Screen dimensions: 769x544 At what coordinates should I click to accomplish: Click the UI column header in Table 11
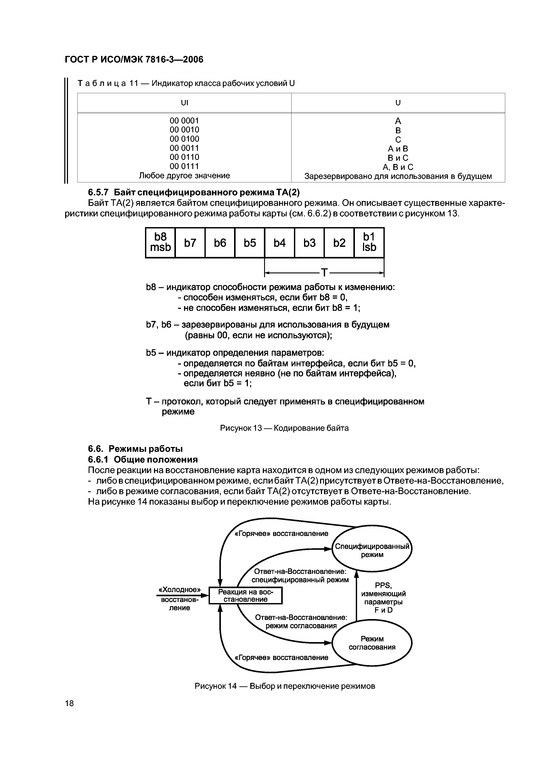tap(184, 103)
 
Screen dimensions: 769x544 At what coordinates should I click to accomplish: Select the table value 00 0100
tap(184, 139)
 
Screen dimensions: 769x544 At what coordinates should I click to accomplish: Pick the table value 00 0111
tap(184, 166)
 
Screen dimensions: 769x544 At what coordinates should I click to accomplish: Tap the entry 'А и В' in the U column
tap(398, 149)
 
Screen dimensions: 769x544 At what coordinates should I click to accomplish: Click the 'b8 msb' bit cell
tap(160, 242)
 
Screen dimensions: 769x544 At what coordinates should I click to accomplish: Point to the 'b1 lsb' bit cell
tap(369, 242)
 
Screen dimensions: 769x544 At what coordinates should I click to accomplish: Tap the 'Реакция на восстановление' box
tap(245, 596)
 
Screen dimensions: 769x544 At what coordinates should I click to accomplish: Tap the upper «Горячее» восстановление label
tap(282, 534)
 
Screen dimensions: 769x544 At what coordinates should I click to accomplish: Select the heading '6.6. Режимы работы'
tap(135, 449)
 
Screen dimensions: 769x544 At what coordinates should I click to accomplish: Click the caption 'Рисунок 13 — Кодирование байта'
tap(284, 428)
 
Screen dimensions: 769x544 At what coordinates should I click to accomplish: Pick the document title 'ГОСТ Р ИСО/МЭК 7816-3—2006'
tap(134, 60)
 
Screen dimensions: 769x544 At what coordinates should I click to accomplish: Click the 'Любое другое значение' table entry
tap(184, 176)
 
